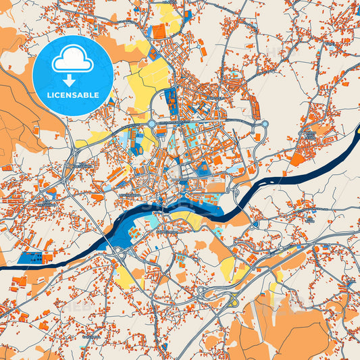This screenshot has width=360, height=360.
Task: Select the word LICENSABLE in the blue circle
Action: (72, 95)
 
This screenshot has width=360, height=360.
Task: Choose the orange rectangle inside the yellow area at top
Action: (159, 31)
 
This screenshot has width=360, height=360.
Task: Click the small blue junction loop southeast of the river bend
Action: (255, 224)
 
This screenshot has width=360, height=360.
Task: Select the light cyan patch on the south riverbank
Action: (153, 222)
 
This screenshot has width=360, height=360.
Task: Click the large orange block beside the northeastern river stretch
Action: (297, 159)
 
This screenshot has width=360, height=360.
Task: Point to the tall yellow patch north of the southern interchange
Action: (228, 268)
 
